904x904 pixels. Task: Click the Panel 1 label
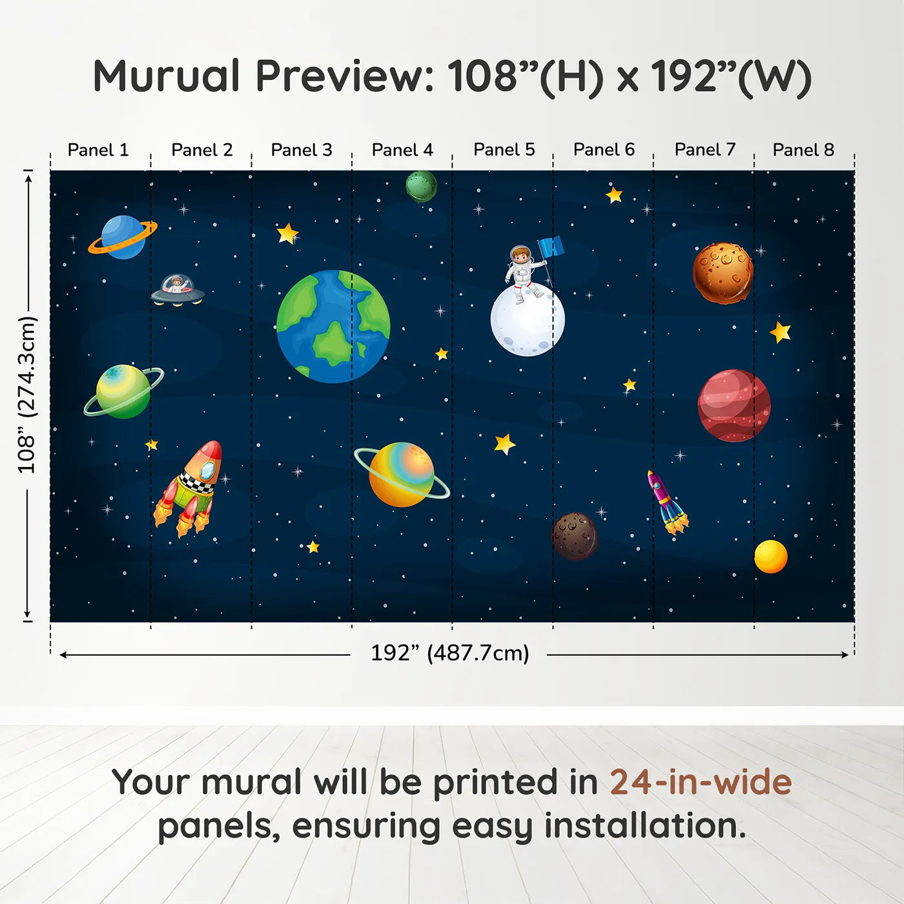click(x=98, y=150)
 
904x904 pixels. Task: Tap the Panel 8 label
click(x=803, y=150)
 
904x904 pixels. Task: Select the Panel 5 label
click(x=504, y=150)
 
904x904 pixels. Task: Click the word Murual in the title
click(x=167, y=76)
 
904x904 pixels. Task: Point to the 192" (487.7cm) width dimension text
click(x=449, y=653)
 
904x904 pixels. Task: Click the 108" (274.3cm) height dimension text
click(x=27, y=395)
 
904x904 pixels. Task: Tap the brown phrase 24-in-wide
click(x=700, y=782)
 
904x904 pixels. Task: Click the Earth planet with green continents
click(x=333, y=326)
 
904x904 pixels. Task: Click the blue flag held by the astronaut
click(x=551, y=247)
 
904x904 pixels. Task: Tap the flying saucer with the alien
click(x=177, y=290)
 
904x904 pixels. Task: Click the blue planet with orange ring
click(x=122, y=237)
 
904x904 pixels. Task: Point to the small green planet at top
click(x=421, y=187)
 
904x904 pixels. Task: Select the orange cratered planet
click(x=723, y=272)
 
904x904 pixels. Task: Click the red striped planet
click(x=734, y=406)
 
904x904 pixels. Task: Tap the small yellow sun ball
click(x=770, y=557)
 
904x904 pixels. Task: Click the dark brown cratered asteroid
click(x=574, y=536)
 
